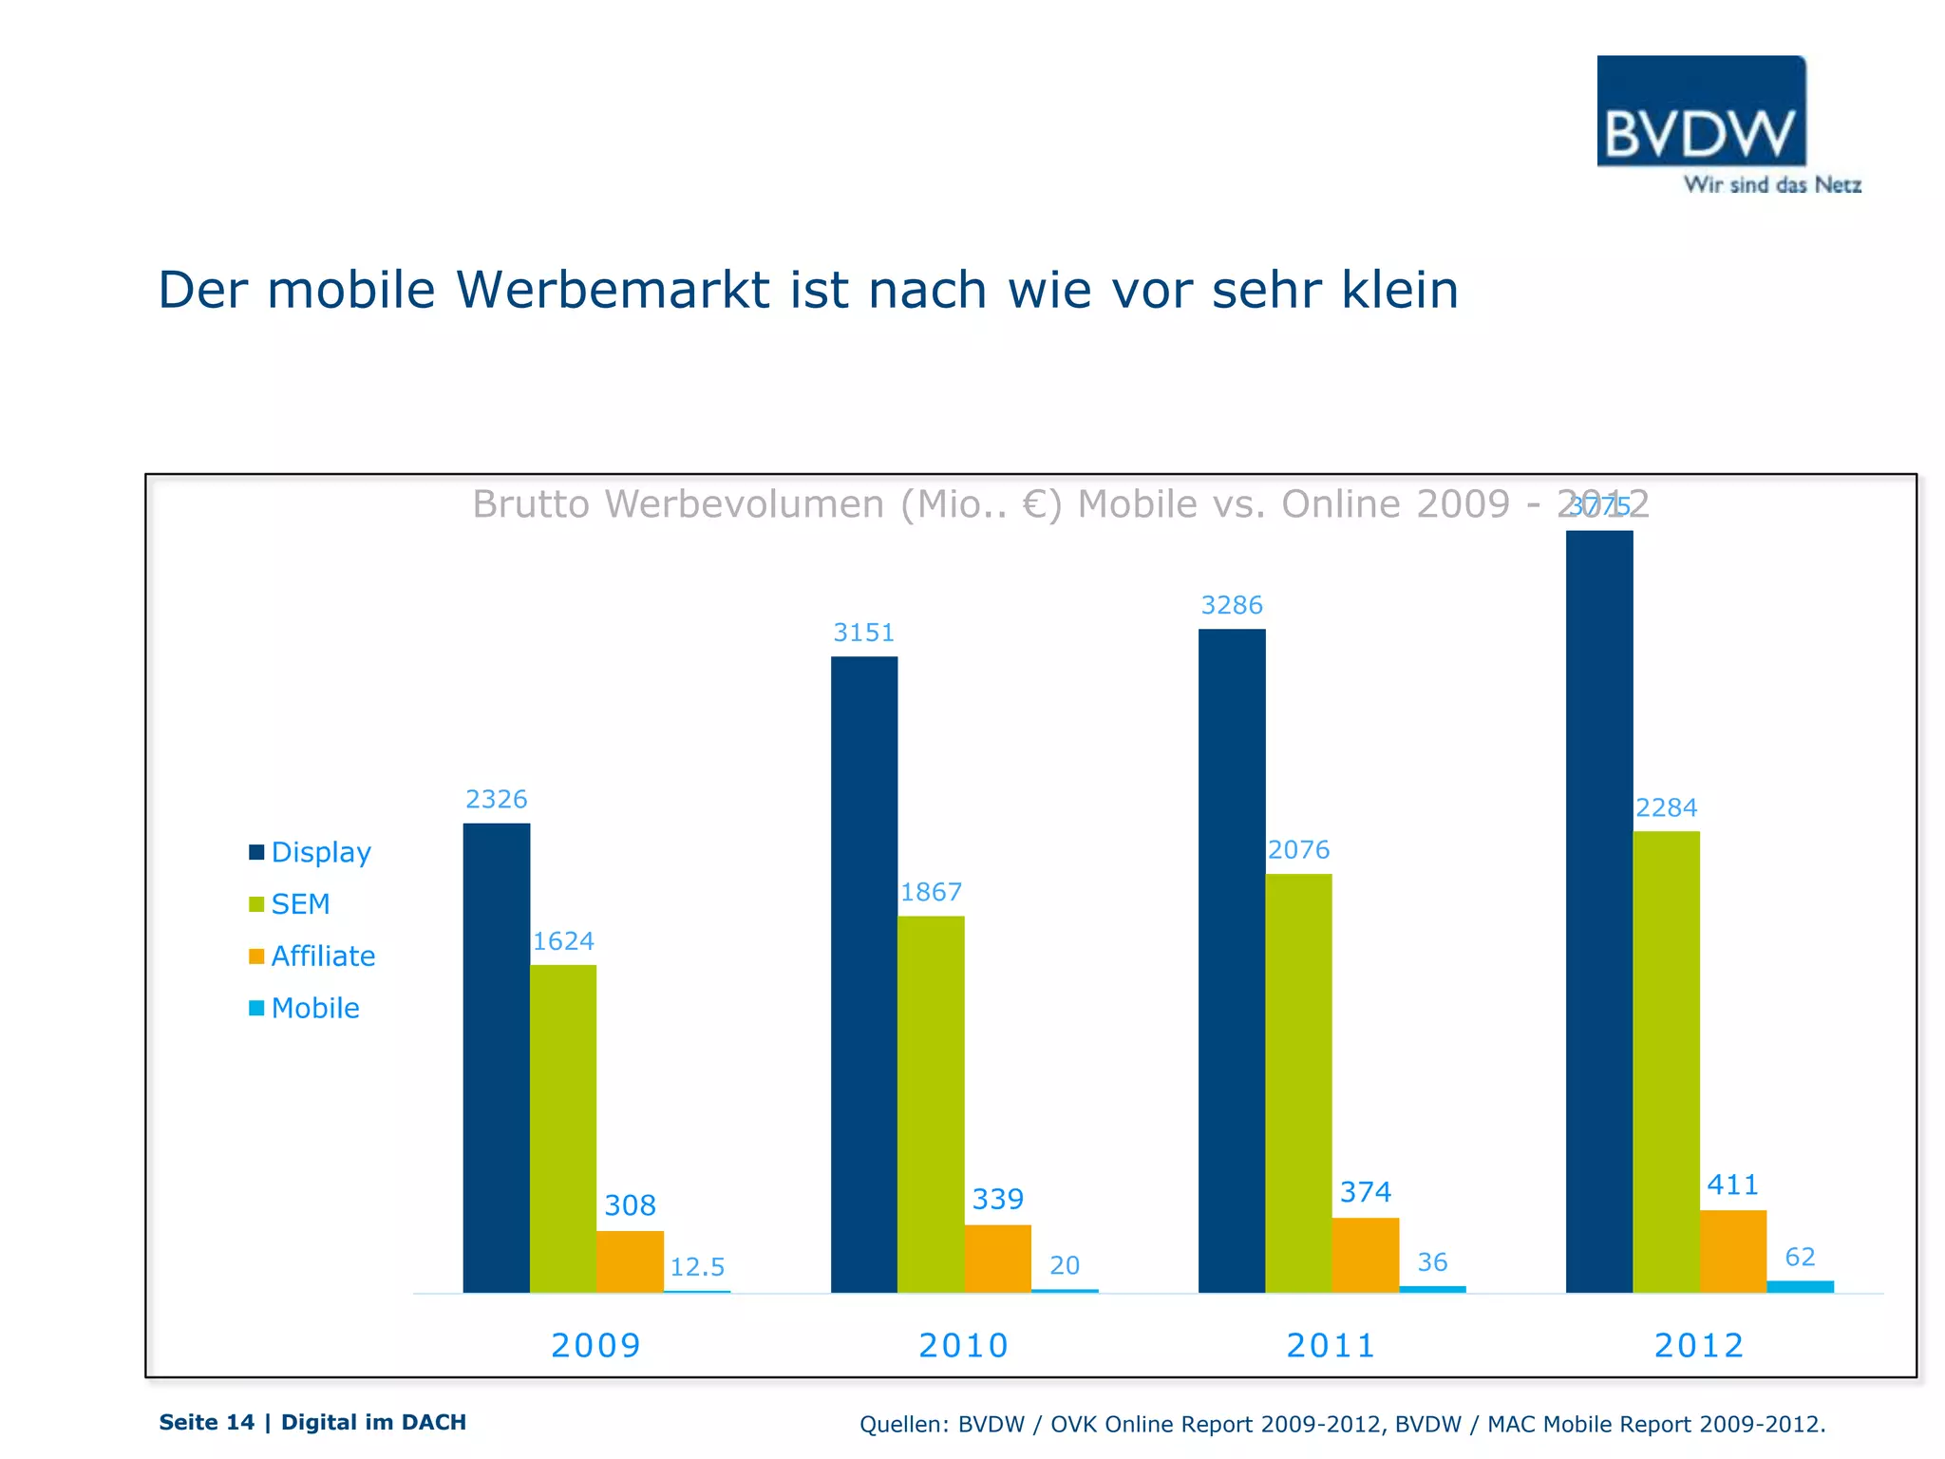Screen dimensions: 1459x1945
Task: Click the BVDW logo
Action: (1701, 112)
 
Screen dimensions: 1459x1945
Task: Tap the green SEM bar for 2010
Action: (931, 1104)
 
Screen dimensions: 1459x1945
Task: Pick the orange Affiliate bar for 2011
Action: (1365, 1255)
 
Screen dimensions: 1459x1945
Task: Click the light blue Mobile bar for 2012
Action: (1800, 1286)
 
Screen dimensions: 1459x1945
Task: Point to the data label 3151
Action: (863, 633)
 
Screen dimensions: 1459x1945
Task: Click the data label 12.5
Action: (697, 1267)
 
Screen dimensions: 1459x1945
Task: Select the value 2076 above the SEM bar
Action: (1298, 850)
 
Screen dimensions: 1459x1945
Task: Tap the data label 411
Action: (1732, 1185)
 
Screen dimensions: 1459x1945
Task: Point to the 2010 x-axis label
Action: (963, 1346)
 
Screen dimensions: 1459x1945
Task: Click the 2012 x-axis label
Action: (1699, 1346)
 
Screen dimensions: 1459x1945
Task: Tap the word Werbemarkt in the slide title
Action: (612, 290)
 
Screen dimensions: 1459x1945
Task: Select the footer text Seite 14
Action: (206, 1422)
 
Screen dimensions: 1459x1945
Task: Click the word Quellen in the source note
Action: (902, 1424)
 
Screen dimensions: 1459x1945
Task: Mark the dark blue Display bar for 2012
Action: (1599, 911)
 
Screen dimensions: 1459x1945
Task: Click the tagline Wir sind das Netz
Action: (1772, 185)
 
